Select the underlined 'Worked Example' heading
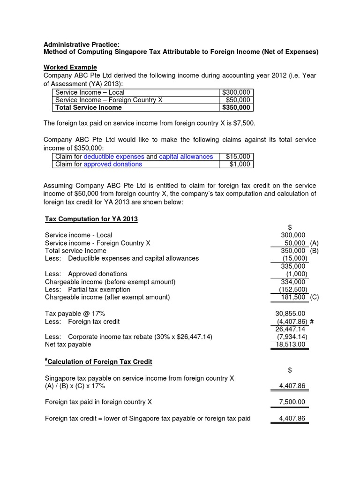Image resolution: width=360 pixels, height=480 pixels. (70, 67)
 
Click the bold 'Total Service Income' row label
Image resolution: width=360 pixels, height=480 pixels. (88, 107)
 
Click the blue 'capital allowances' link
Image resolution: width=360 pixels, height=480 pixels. (186, 157)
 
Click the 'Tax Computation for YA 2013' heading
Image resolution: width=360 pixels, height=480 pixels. (91, 219)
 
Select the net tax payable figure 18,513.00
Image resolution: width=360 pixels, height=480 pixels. (290, 344)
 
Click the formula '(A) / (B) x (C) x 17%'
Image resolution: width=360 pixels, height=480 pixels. (75, 386)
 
